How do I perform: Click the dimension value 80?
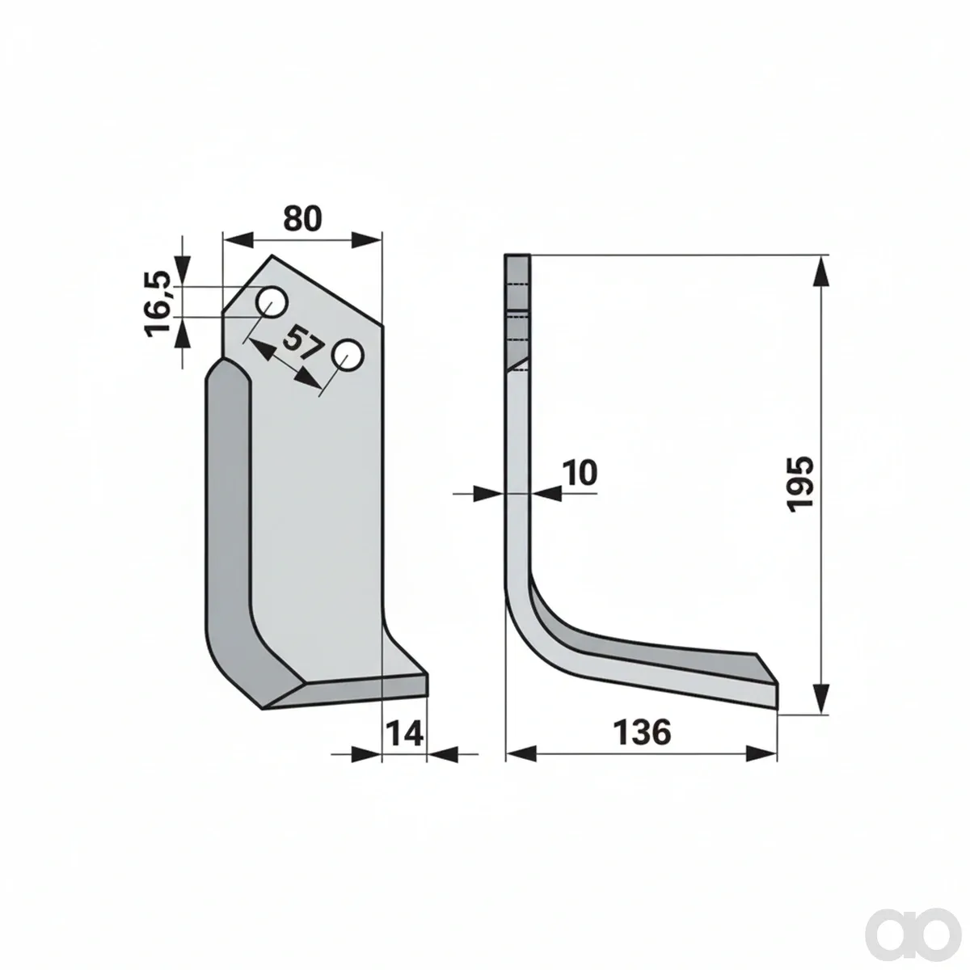coord(302,218)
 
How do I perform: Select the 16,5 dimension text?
coord(158,303)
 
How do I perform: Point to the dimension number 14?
coord(405,733)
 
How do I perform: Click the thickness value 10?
coord(580,473)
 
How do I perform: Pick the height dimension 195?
coord(800,484)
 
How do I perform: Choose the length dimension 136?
coord(642,732)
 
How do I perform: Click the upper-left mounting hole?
coord(272,302)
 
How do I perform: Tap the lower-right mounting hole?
coord(347,356)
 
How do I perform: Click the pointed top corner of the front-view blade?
coord(273,255)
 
